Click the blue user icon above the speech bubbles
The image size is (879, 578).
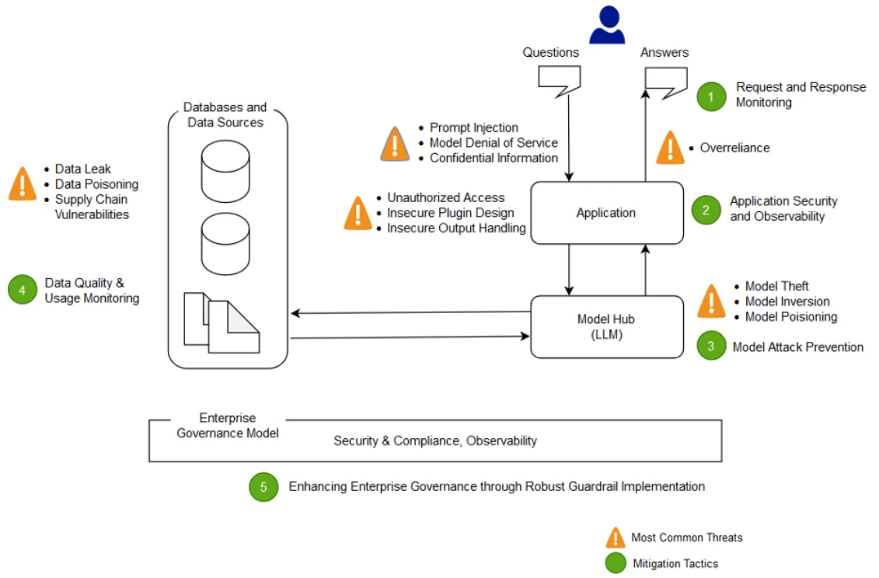[607, 26]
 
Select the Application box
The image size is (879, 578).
[606, 213]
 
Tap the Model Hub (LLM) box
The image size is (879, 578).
[606, 326]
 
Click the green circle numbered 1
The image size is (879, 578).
[710, 96]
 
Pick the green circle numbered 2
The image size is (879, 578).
[706, 209]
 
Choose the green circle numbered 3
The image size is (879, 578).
[710, 346]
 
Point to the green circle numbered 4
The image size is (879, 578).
[23, 291]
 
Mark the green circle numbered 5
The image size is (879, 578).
[263, 487]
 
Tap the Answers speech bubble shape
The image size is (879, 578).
[666, 80]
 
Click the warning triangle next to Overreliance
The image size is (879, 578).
[670, 148]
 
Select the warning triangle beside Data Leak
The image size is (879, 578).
[23, 184]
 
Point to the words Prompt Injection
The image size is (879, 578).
[473, 127]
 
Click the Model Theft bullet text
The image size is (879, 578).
[776, 286]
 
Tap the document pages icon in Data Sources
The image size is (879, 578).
[221, 321]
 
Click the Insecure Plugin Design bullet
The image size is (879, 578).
[450, 213]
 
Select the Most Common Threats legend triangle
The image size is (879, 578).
[616, 538]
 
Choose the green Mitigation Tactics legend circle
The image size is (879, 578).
[616, 563]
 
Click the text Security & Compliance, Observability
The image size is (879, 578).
[435, 440]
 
